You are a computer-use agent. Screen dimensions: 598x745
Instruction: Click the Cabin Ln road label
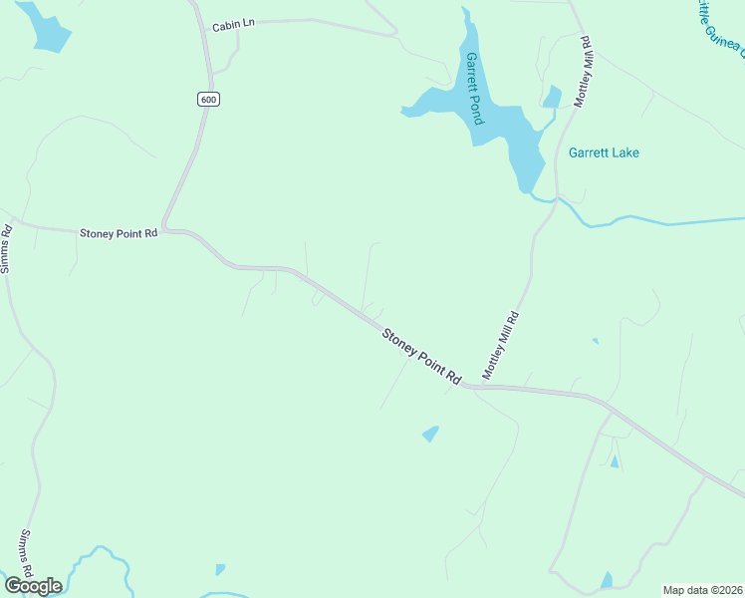[x=234, y=26]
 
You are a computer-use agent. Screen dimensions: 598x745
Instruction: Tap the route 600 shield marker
[x=207, y=100]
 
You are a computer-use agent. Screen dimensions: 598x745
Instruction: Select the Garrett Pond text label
[x=474, y=88]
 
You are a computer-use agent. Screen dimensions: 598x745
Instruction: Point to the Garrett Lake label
[x=604, y=153]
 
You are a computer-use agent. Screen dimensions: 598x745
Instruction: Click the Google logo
[x=33, y=585]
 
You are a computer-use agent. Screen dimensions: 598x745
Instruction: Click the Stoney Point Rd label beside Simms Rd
[x=119, y=233]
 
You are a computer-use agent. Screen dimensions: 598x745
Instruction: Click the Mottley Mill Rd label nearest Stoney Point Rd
[x=502, y=345]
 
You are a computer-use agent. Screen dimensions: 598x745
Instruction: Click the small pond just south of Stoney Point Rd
[x=430, y=434]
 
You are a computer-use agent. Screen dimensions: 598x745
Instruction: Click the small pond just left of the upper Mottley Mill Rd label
[x=552, y=97]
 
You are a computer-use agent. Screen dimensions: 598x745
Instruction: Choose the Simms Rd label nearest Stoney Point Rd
[x=6, y=249]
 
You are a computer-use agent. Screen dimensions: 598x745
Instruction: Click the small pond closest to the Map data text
[x=607, y=580]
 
